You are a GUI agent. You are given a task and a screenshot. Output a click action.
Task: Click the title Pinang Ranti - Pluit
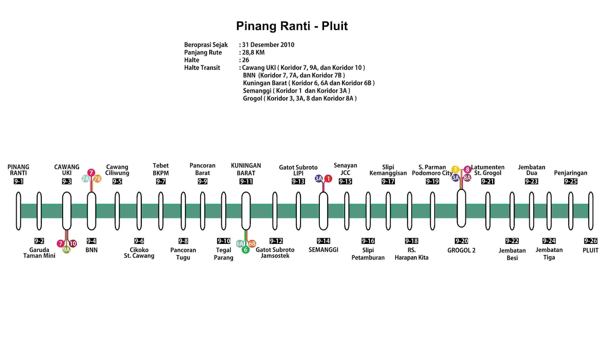pyautogui.click(x=292, y=26)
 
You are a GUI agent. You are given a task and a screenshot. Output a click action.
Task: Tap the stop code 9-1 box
pyautogui.click(x=19, y=182)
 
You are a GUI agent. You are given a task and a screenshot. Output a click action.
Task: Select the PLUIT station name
pyautogui.click(x=590, y=250)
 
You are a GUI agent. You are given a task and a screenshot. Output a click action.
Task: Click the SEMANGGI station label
pyautogui.click(x=323, y=250)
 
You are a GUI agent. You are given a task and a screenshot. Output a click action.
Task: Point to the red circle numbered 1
pyautogui.click(x=328, y=178)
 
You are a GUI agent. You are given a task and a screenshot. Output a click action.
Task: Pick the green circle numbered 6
pyautogui.click(x=245, y=250)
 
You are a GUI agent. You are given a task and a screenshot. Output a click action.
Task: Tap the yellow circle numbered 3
pyautogui.click(x=455, y=169)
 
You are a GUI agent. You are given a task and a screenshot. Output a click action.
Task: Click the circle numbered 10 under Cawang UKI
pyautogui.click(x=73, y=244)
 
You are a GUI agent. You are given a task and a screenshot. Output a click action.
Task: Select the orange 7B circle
pyautogui.click(x=98, y=179)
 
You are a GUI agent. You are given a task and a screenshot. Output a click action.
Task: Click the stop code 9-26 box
pyautogui.click(x=591, y=241)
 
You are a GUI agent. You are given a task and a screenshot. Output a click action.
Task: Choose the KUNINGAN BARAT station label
pyautogui.click(x=246, y=169)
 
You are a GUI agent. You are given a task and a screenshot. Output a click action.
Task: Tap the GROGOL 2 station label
pyautogui.click(x=461, y=250)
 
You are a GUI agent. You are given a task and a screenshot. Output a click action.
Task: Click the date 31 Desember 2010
pyautogui.click(x=268, y=45)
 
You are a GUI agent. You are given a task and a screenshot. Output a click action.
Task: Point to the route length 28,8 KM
pyautogui.click(x=253, y=53)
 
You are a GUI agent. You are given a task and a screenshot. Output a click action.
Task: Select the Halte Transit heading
pyautogui.click(x=202, y=68)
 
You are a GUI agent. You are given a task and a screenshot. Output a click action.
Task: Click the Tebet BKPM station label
pyautogui.click(x=161, y=169)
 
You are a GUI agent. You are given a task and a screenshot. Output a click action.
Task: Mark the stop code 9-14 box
pyautogui.click(x=323, y=241)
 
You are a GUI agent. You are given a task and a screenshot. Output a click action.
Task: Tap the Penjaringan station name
pyautogui.click(x=571, y=173)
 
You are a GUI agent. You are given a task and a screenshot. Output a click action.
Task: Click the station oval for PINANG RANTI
pyautogui.click(x=19, y=211)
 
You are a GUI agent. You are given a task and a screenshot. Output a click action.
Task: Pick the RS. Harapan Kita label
pyautogui.click(x=411, y=254)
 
